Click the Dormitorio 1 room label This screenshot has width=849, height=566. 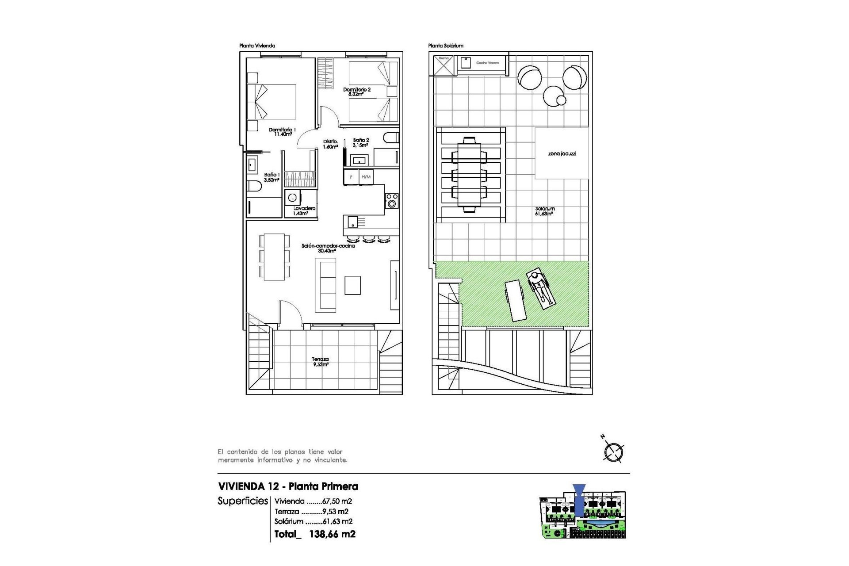click(x=282, y=132)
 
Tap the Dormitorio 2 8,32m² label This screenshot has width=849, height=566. click(x=356, y=92)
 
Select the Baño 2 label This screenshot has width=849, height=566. click(x=361, y=142)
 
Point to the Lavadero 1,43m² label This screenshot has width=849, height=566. click(x=304, y=210)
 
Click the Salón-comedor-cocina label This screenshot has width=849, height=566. click(x=328, y=248)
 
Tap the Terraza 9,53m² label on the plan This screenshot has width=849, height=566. click(x=320, y=362)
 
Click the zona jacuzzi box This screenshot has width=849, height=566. click(x=562, y=153)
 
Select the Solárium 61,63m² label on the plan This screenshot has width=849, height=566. click(x=544, y=211)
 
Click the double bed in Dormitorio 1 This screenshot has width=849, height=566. click(x=272, y=102)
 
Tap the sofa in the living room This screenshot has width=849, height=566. click(x=325, y=285)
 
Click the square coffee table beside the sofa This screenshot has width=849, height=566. click(x=352, y=285)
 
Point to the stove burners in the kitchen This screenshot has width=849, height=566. click(x=392, y=200)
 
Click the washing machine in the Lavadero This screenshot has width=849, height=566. click(x=293, y=198)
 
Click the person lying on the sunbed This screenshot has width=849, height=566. click(x=540, y=290)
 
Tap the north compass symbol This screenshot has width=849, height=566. click(x=613, y=451)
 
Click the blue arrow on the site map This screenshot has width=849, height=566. click(x=578, y=499)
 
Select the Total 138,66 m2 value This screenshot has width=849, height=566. click(x=332, y=534)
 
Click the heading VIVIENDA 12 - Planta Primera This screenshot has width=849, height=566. click(x=288, y=486)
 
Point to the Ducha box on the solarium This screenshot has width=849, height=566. click(x=444, y=65)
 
